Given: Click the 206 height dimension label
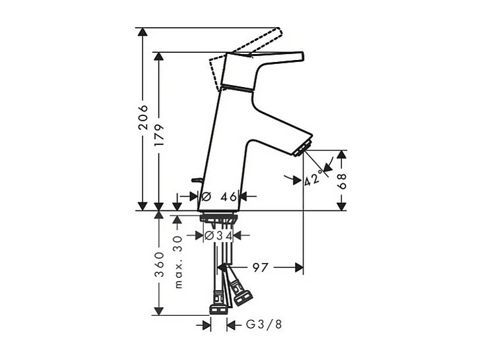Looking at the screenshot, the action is click(143, 117).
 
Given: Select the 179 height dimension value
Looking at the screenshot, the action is click(159, 136).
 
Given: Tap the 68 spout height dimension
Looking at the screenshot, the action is click(342, 181).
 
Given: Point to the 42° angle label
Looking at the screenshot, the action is click(314, 178).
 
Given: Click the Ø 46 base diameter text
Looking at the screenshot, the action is click(219, 196).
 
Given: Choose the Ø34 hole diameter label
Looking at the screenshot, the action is click(218, 235).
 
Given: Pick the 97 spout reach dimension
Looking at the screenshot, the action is click(261, 268).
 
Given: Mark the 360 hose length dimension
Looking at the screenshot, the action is click(159, 264).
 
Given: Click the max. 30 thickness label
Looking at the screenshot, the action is click(178, 262).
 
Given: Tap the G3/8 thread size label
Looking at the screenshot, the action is click(264, 324).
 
